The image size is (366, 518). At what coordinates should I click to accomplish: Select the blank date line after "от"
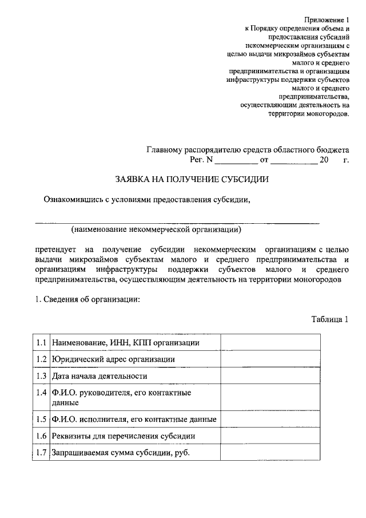point(293,162)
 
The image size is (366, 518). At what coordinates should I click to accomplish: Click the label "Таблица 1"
point(329,319)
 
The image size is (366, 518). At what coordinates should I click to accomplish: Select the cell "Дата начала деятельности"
point(100,376)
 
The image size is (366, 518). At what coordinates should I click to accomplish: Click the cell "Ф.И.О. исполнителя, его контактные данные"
point(134,420)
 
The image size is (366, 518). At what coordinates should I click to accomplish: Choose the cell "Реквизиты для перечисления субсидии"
point(124,436)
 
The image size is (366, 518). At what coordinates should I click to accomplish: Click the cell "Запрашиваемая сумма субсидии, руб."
point(120,453)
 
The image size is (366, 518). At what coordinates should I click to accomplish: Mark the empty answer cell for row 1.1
point(270,342)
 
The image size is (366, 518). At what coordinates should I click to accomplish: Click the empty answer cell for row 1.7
point(270,453)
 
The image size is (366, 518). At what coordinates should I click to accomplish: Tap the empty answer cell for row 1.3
point(270,376)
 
